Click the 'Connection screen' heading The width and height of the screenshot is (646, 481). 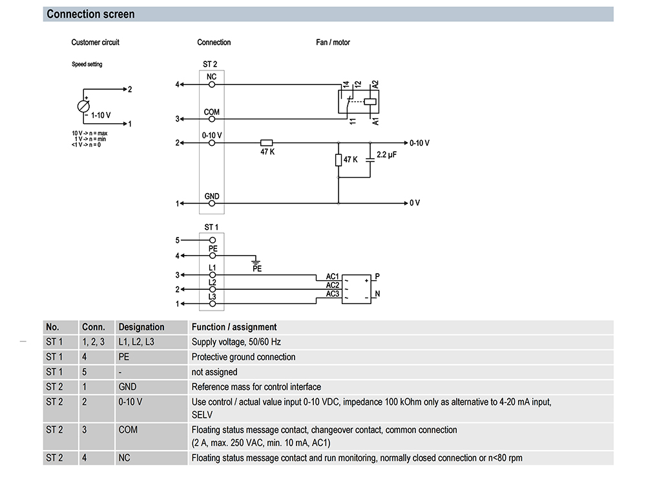[90, 14]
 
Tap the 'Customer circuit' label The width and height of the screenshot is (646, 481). [95, 42]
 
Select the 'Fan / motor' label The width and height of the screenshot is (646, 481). [333, 42]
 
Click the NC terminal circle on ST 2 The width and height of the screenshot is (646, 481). [212, 85]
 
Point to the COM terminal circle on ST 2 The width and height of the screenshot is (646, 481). [212, 119]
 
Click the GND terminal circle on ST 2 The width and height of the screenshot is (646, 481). [212, 203]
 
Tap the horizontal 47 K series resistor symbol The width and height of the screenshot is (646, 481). [267, 143]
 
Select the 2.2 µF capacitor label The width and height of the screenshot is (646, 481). [386, 155]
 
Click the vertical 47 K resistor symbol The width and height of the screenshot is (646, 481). [339, 159]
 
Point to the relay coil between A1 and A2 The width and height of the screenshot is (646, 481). [370, 101]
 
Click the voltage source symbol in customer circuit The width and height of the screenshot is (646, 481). [83, 107]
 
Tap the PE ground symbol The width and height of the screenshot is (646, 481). [256, 261]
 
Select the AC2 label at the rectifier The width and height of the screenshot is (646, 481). [333, 285]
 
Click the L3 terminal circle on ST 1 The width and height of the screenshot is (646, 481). [213, 304]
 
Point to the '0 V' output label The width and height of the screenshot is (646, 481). [415, 203]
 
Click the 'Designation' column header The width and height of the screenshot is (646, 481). [141, 327]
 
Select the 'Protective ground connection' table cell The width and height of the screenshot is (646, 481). [244, 356]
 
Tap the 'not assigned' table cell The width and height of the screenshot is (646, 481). [214, 372]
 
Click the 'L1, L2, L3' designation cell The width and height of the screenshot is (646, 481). [136, 342]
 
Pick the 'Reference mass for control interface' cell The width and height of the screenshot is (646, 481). [256, 387]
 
